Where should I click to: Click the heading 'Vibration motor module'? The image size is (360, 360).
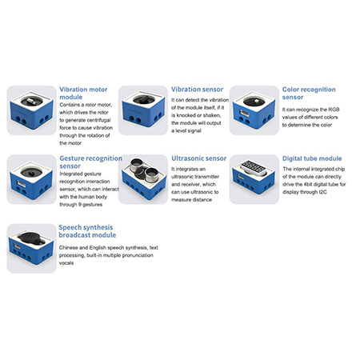(83, 93)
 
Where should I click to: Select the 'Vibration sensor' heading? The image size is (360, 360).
(197, 90)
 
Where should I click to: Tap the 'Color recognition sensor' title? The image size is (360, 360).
(309, 93)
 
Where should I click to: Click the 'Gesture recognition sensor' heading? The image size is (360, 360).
(90, 162)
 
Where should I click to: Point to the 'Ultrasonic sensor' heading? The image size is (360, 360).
(198, 158)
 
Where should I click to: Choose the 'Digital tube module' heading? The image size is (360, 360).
(312, 158)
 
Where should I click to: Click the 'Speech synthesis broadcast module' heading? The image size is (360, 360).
(87, 231)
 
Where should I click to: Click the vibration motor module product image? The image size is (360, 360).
(31, 110)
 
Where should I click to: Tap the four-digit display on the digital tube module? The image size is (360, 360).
(254, 168)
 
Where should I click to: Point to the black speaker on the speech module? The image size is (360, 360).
(30, 238)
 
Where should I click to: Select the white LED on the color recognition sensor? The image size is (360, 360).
(257, 101)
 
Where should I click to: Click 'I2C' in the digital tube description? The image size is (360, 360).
(322, 192)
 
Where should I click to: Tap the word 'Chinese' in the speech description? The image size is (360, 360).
(69, 247)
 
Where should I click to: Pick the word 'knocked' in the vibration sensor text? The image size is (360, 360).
(186, 115)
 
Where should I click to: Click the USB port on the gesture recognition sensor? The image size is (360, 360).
(21, 183)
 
